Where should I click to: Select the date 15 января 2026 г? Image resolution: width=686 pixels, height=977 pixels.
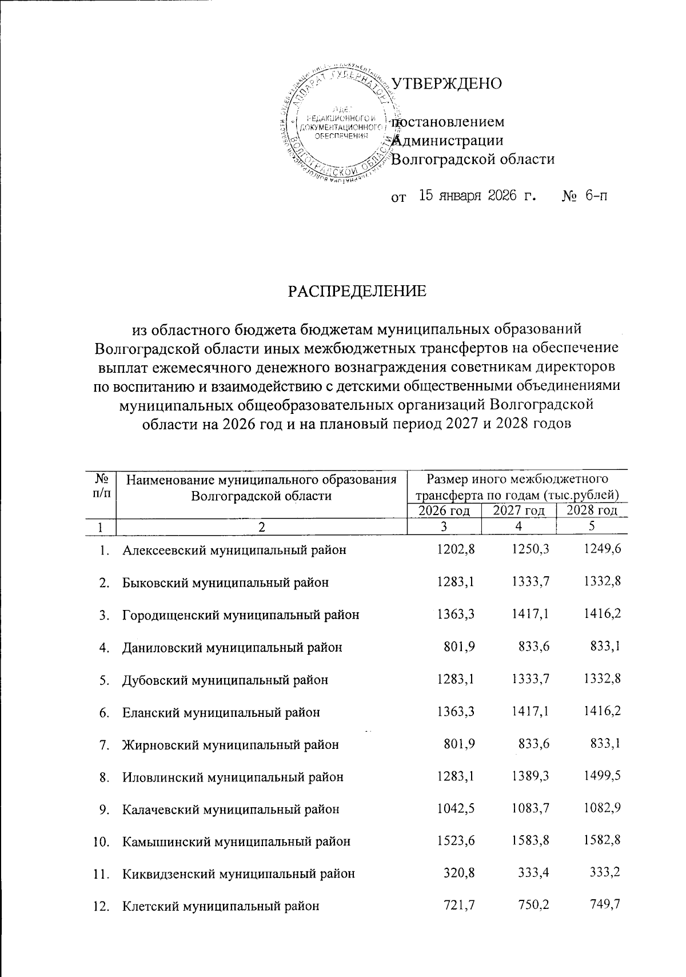[x=478, y=197]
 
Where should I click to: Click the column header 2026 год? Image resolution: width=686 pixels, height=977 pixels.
[x=444, y=511]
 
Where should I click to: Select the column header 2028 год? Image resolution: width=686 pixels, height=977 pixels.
[x=591, y=511]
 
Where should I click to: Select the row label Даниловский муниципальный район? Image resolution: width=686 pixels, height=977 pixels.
[x=232, y=648]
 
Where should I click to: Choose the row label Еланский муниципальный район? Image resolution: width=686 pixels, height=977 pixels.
[x=221, y=712]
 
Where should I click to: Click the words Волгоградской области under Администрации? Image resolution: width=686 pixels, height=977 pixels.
[x=476, y=159]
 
